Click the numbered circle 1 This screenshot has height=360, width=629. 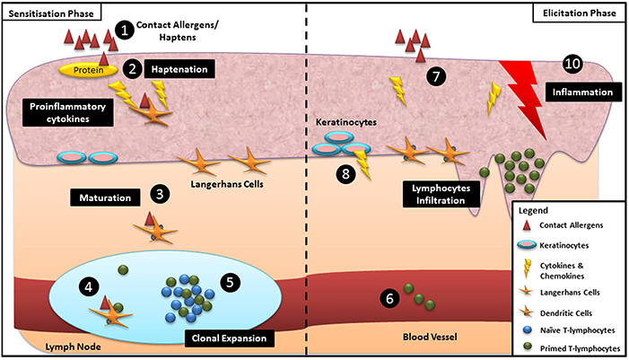coord(126,30)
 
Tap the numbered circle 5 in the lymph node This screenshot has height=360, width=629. coord(231,282)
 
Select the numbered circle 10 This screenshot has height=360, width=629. coord(571,64)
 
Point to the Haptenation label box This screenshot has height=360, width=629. coord(179,68)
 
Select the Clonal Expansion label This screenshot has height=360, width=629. coord(228,338)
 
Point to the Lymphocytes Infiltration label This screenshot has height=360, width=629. coord(437,196)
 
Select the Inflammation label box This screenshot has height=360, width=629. coord(581,92)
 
